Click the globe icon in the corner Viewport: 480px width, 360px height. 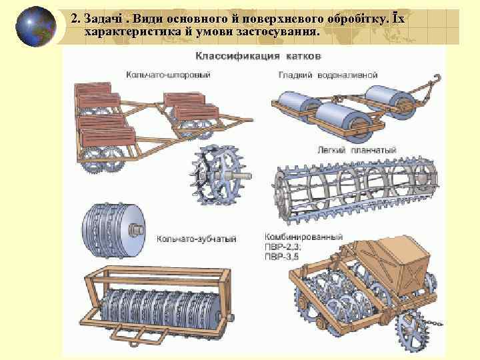tap(35, 27)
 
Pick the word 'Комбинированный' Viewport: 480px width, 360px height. tap(304, 237)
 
